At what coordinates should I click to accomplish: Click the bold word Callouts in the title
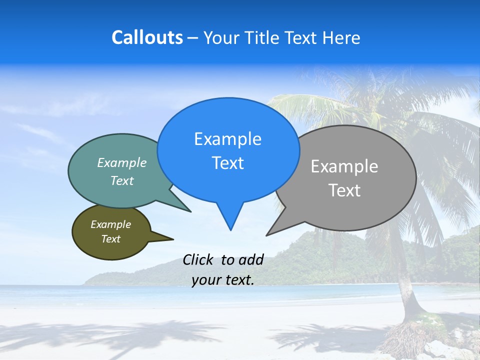[147, 37]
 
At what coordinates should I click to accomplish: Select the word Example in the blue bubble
[227, 139]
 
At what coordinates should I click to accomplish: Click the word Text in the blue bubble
[227, 163]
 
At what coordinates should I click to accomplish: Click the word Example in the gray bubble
[344, 166]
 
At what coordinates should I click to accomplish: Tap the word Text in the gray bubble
[344, 190]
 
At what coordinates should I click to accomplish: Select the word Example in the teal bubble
[122, 162]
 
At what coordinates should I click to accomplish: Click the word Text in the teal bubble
[122, 180]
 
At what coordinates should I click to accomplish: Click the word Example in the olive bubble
[110, 224]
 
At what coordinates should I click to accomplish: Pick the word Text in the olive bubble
[110, 239]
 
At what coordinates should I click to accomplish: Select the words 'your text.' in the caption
[223, 280]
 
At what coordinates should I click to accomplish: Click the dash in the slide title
[193, 37]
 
